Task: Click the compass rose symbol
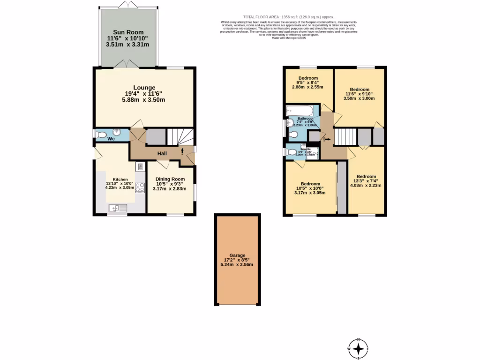pos(359,349)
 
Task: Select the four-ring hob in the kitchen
pos(140,187)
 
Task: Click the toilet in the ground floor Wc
pos(101,135)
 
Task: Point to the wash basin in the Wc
pos(118,133)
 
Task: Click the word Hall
pos(162,153)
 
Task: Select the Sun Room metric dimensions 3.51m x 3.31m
pos(127,45)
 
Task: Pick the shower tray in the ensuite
pos(310,152)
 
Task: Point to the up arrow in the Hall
pos(182,150)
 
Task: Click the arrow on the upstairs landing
pos(327,139)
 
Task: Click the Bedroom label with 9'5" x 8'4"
pos(308,78)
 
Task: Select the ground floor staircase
pos(180,136)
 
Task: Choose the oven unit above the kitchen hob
pos(140,167)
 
